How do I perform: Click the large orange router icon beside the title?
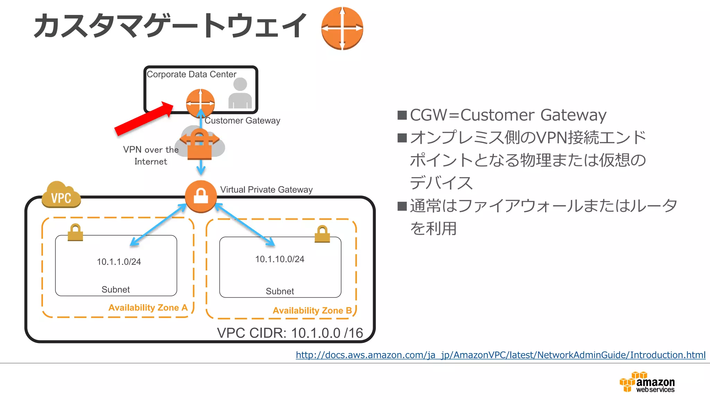342,28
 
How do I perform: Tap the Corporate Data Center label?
191,74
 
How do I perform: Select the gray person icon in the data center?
240,93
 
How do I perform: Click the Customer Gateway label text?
242,120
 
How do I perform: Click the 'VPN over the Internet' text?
151,155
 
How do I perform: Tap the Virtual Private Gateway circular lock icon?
201,196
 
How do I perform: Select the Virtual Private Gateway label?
266,190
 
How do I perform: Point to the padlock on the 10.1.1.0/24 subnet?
75,232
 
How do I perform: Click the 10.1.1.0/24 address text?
119,262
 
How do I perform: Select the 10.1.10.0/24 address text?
279,259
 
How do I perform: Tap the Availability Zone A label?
148,308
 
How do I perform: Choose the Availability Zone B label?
312,310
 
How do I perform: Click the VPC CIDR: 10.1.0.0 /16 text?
290,333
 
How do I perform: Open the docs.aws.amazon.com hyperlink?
500,355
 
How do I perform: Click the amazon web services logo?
647,382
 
